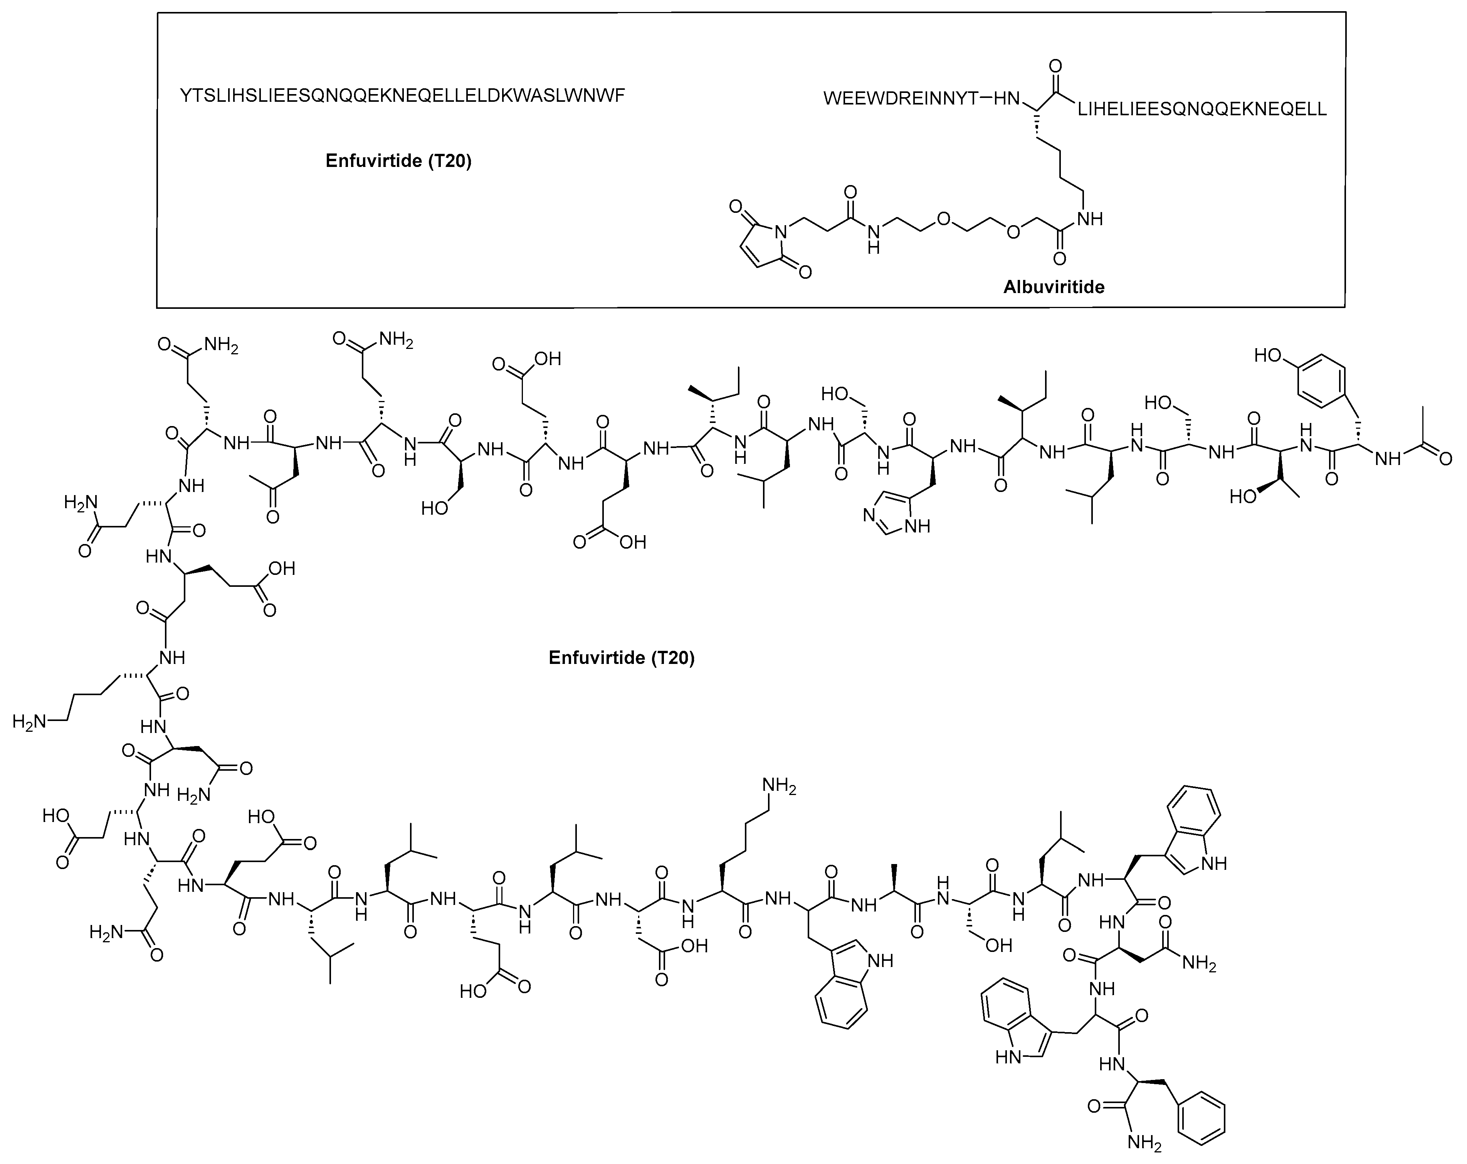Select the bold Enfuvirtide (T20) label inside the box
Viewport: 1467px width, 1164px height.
click(398, 161)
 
